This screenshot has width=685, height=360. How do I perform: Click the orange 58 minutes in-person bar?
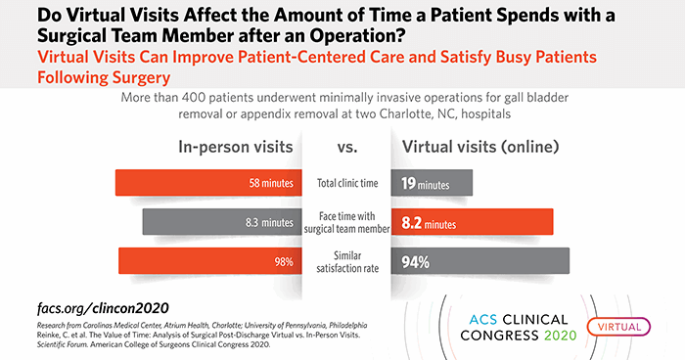pos(205,183)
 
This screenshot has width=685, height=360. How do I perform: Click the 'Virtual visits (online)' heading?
pos(480,148)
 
